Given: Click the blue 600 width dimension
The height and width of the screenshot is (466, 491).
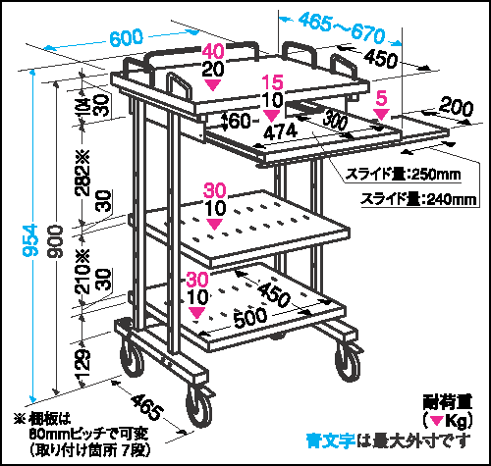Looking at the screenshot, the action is (127, 37).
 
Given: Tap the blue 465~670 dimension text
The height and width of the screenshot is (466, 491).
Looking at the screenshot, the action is (342, 28).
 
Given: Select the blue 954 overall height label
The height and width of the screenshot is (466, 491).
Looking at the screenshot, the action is (31, 240).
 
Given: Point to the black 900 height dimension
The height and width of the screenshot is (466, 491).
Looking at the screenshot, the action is (56, 241).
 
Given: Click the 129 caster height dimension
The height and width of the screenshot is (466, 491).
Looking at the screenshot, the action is (83, 364).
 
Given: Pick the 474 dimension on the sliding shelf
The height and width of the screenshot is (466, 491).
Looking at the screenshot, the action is (281, 131).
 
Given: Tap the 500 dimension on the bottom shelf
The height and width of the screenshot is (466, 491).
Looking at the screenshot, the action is (250, 318).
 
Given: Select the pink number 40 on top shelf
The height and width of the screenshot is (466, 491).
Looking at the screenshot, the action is (213, 51).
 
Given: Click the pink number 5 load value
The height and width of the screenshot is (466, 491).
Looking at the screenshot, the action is (382, 98).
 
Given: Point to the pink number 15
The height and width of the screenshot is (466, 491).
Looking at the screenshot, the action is (273, 82).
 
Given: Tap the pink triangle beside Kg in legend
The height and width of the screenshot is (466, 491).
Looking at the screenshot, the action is (437, 420).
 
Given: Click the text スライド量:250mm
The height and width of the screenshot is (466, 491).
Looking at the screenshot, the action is (404, 175).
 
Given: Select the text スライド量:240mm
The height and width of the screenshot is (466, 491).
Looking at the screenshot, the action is (418, 199).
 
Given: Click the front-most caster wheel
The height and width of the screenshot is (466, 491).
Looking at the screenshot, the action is (198, 407).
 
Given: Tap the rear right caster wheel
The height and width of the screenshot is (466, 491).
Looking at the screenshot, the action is (348, 362).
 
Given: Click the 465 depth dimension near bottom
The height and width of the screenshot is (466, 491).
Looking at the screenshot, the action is (147, 406).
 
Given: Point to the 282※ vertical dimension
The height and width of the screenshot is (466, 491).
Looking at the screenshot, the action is (82, 173).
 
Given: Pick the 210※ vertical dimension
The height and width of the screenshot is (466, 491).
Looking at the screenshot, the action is (82, 271).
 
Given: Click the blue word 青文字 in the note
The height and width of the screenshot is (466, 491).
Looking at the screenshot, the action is (331, 440).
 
